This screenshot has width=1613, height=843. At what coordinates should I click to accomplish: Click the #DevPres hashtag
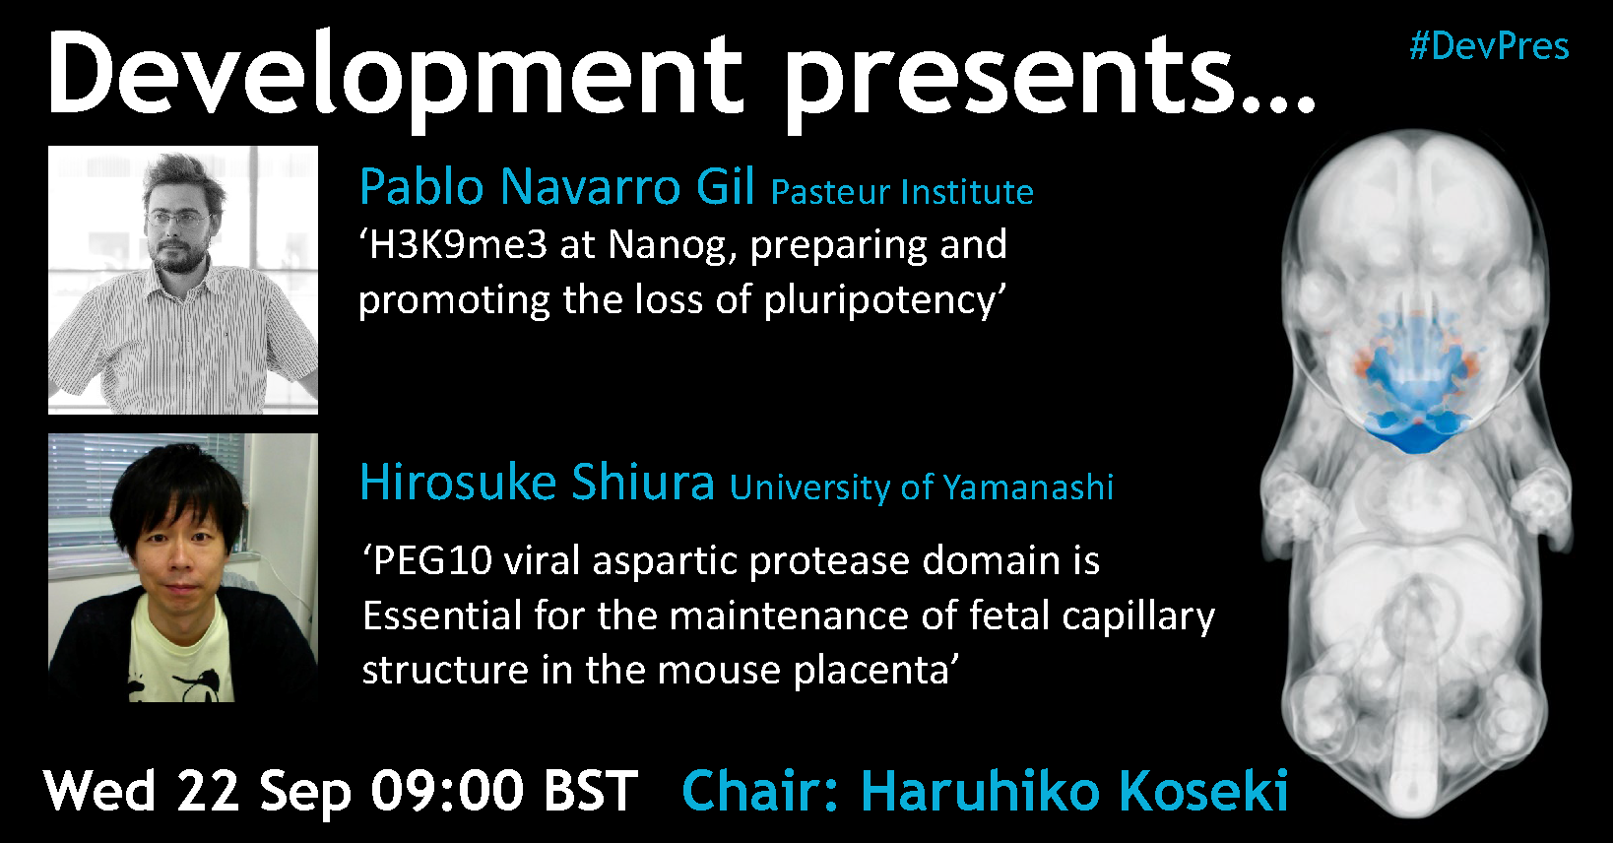(1489, 47)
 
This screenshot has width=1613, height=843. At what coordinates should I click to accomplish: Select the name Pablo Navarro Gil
(556, 186)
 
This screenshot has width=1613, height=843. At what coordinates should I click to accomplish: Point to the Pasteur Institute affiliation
(902, 192)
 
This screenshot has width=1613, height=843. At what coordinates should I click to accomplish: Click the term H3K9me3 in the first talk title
(458, 245)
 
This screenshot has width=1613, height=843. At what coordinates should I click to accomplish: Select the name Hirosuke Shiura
(538, 482)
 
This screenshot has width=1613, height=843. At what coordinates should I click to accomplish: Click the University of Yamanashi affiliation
(922, 488)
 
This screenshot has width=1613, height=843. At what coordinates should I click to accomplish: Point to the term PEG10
(432, 560)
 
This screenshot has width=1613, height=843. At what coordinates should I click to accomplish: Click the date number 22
(208, 791)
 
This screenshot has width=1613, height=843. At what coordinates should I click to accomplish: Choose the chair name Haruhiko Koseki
(1074, 791)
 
